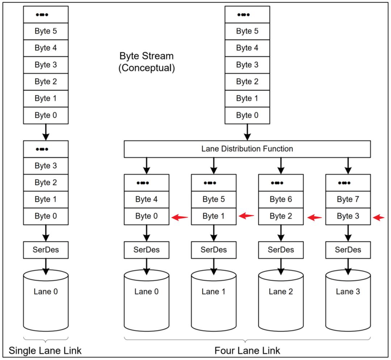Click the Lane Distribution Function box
[247, 149]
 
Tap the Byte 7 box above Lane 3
[348, 199]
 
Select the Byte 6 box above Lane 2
[281, 199]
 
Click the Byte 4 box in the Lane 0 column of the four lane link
[146, 199]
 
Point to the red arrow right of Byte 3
[379, 217]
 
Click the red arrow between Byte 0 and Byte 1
[180, 217]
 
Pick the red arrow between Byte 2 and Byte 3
[315, 217]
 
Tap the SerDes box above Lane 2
[281, 250]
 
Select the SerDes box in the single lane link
[46, 250]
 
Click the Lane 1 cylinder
[214, 301]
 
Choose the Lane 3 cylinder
[348, 301]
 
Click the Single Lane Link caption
[45, 351]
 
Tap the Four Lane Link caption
[247, 351]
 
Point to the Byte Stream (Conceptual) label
[147, 62]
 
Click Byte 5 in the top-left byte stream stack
[46, 31]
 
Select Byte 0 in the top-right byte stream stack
[247, 115]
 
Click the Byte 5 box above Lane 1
[214, 199]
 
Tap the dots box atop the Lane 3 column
[348, 183]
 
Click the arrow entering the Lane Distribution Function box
[247, 132]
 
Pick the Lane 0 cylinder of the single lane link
[46, 301]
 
